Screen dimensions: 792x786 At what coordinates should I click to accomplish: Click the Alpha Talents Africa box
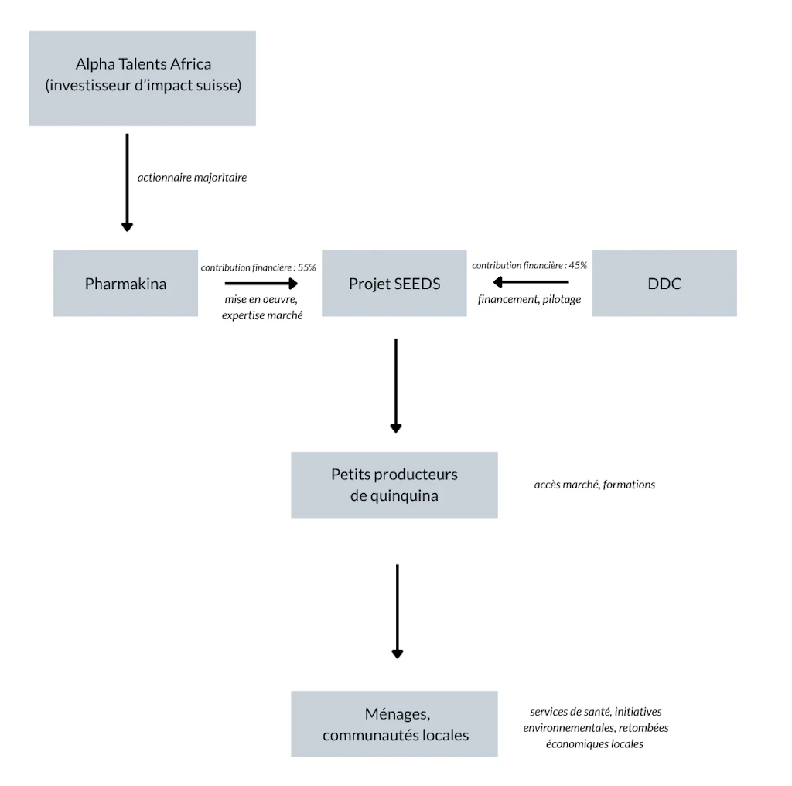(x=142, y=78)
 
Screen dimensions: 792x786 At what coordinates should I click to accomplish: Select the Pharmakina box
(x=126, y=283)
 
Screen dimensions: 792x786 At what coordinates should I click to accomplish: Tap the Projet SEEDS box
(x=394, y=283)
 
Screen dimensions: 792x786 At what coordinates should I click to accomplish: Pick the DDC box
(x=664, y=283)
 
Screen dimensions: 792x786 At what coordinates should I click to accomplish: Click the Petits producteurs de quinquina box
(x=394, y=485)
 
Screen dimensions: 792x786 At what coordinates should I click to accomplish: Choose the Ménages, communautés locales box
(x=394, y=724)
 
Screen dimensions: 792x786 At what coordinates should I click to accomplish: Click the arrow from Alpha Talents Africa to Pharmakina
(x=128, y=182)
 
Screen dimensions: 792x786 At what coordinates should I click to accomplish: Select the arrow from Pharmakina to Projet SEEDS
(x=261, y=284)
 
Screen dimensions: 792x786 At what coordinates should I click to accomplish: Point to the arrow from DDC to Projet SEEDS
(x=531, y=281)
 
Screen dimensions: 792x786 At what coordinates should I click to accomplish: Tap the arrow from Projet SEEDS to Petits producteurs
(x=396, y=386)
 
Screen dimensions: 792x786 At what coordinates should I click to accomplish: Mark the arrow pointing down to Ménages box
(x=398, y=611)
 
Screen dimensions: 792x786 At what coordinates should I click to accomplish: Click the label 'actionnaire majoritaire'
(x=192, y=178)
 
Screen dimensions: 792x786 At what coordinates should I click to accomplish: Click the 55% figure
(x=306, y=267)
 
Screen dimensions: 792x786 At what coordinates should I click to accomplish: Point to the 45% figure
(x=578, y=266)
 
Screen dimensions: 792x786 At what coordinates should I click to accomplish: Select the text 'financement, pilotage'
(x=529, y=299)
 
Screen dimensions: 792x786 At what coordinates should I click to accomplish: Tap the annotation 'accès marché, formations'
(x=595, y=485)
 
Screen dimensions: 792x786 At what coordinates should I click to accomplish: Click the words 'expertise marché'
(x=262, y=315)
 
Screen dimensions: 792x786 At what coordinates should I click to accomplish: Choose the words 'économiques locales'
(x=595, y=744)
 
